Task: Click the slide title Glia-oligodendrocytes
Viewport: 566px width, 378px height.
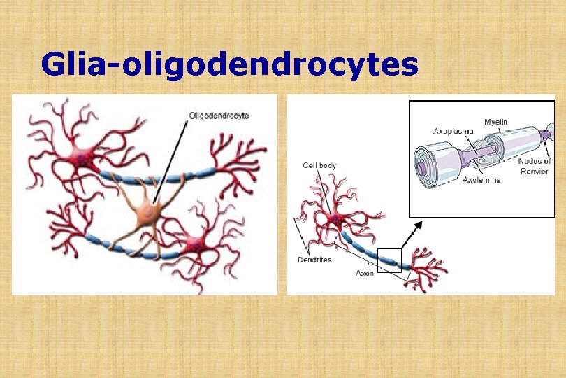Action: [x=229, y=65]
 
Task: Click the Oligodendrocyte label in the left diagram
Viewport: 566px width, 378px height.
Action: [x=219, y=115]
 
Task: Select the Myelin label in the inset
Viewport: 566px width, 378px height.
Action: [x=495, y=122]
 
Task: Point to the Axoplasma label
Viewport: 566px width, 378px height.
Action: [x=453, y=131]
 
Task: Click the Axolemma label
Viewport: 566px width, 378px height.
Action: [x=481, y=180]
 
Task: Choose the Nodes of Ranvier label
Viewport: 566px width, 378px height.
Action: [x=534, y=166]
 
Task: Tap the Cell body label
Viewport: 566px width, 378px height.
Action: [x=319, y=165]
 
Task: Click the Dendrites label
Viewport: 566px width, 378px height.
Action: [x=314, y=260]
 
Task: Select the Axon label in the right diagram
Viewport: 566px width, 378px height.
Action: [x=365, y=273]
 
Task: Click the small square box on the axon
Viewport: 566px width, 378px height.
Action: [x=389, y=260]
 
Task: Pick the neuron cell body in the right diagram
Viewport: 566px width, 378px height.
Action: [x=337, y=219]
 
